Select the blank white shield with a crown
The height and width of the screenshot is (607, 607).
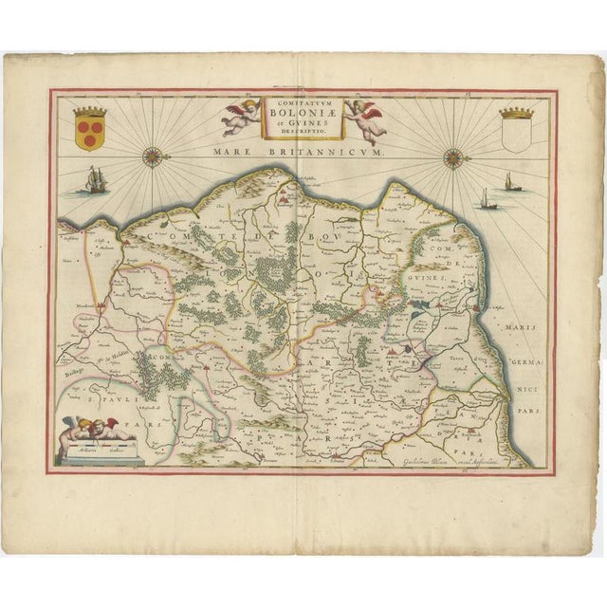513,131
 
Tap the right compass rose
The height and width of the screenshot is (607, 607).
453,157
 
